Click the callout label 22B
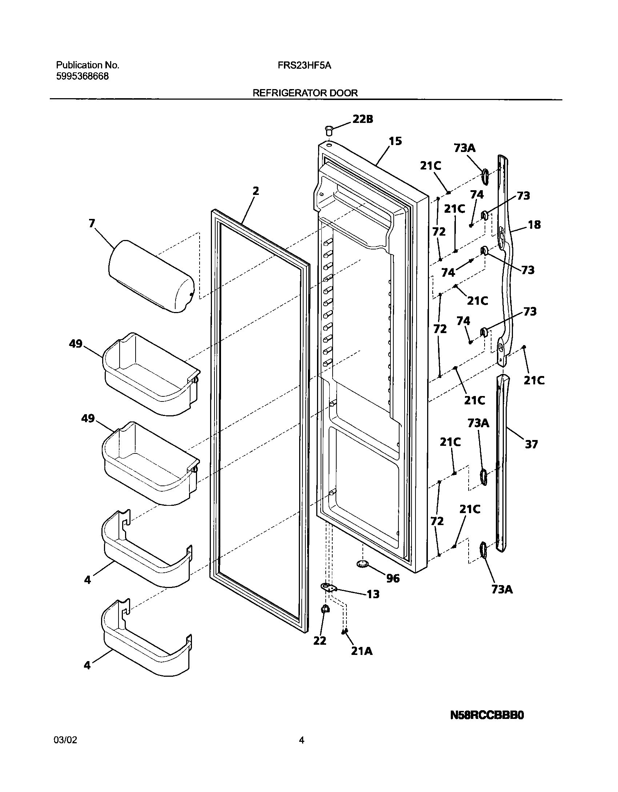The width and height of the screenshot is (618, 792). click(x=362, y=119)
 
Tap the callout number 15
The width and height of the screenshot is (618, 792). click(x=395, y=141)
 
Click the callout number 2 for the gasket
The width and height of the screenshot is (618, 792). click(x=256, y=191)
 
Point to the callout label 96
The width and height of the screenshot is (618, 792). click(x=393, y=578)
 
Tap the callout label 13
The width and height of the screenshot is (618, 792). click(x=373, y=594)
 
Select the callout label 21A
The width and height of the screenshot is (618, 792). click(x=362, y=651)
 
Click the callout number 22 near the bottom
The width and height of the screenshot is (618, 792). click(x=320, y=641)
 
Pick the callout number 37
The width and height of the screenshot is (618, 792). click(x=531, y=444)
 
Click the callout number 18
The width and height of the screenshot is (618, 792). click(x=534, y=225)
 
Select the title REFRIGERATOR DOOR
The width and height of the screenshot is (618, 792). click(x=305, y=93)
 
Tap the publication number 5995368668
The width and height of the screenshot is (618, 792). click(x=82, y=76)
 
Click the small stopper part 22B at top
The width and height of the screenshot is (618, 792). click(x=329, y=130)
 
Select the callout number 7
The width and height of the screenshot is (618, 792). click(x=92, y=223)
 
